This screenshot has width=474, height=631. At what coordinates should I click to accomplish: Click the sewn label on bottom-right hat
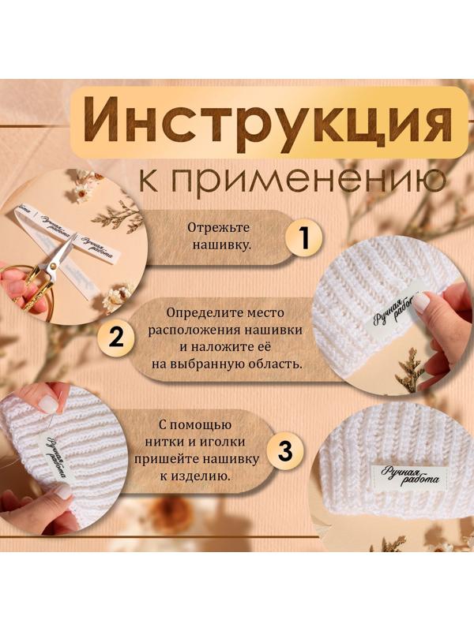[409, 476]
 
